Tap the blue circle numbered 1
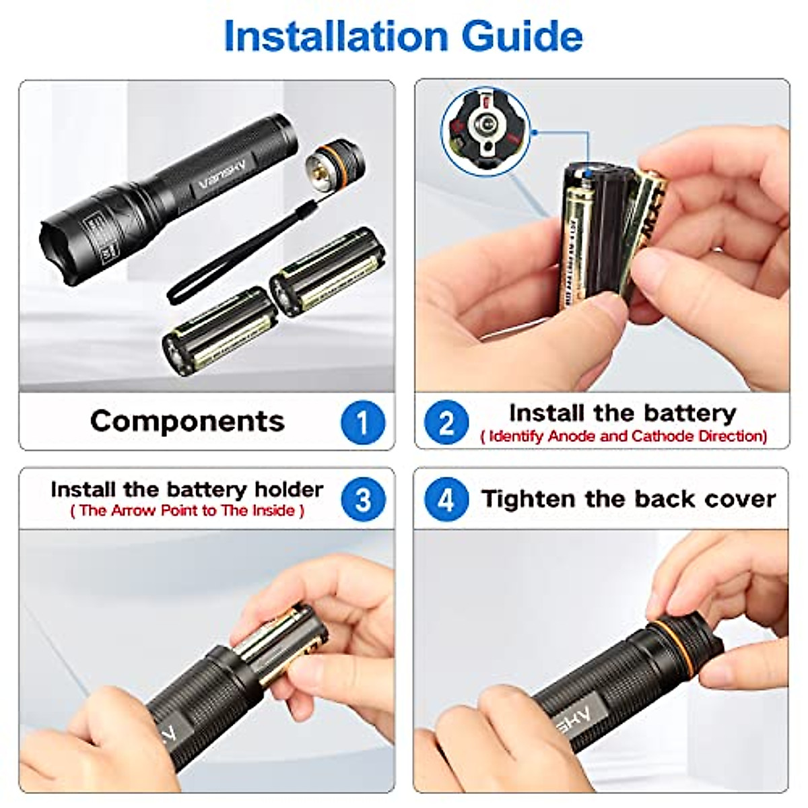click(363, 422)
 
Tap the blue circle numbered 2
click(446, 422)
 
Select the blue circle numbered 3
click(363, 500)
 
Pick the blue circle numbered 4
click(446, 500)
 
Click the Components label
click(187, 421)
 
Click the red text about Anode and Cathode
click(624, 436)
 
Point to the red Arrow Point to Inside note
click(187, 510)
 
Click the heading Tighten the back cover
click(628, 499)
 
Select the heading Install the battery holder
click(187, 489)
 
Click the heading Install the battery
click(622, 412)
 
